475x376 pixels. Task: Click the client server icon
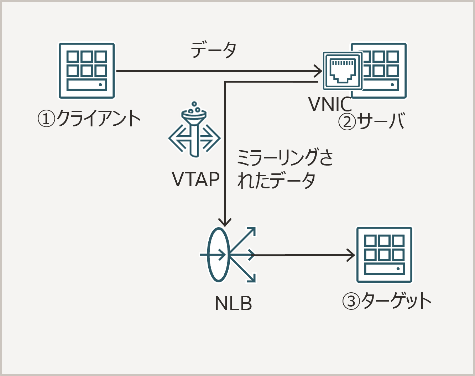click(x=87, y=70)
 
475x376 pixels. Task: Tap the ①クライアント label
click(x=89, y=119)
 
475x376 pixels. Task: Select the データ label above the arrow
click(x=214, y=50)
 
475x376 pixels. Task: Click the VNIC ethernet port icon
click(x=342, y=70)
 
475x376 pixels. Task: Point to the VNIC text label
click(x=330, y=104)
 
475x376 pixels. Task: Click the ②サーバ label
click(x=372, y=121)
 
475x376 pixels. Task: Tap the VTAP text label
click(x=196, y=179)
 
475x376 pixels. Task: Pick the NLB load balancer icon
click(x=228, y=255)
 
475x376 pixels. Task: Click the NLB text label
click(x=233, y=303)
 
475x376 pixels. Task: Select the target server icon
click(x=384, y=255)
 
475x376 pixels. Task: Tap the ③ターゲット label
click(x=387, y=301)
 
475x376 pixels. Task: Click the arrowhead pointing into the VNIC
click(x=318, y=71)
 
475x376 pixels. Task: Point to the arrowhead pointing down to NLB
click(x=225, y=222)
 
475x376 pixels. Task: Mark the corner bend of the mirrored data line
click(x=225, y=82)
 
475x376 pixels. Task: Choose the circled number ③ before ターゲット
click(x=351, y=302)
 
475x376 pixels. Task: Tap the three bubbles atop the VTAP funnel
click(x=194, y=106)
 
